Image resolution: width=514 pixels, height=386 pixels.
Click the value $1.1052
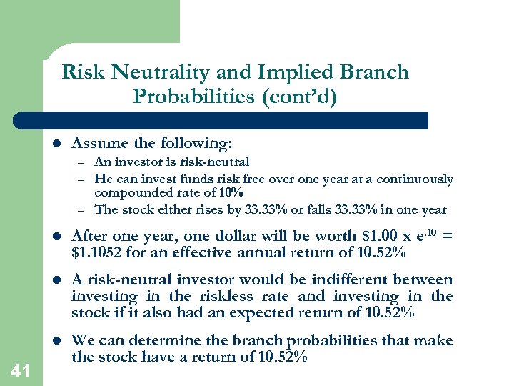click(95, 252)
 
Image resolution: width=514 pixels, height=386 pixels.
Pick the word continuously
click(416, 179)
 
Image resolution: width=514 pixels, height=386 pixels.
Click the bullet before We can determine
click(56, 341)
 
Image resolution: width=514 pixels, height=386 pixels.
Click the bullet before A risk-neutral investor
click(56, 280)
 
